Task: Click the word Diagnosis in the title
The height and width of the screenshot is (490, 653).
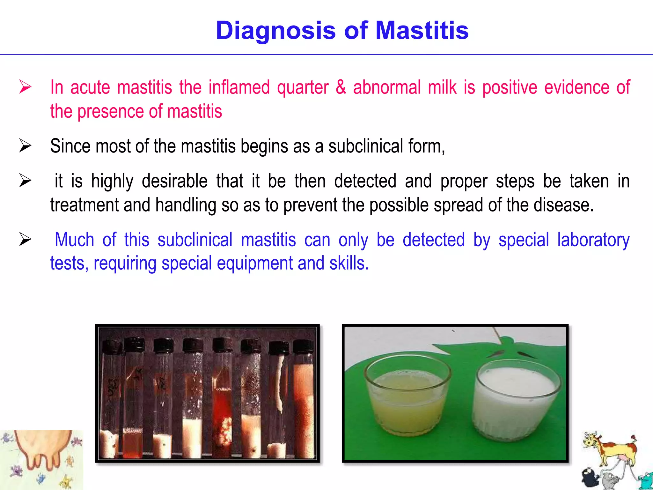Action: [x=275, y=31]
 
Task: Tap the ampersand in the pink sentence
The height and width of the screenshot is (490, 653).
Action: [x=341, y=87]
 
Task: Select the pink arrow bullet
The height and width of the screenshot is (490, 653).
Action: [x=25, y=87]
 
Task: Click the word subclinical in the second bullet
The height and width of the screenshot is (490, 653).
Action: [x=366, y=146]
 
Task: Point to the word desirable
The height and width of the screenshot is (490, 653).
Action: [x=174, y=181]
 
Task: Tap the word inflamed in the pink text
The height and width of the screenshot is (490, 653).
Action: [x=239, y=87]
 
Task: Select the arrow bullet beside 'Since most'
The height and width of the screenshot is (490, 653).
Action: [x=25, y=146]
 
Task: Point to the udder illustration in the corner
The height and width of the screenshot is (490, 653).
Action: [x=41, y=453]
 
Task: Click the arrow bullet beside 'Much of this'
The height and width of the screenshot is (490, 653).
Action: [x=25, y=239]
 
